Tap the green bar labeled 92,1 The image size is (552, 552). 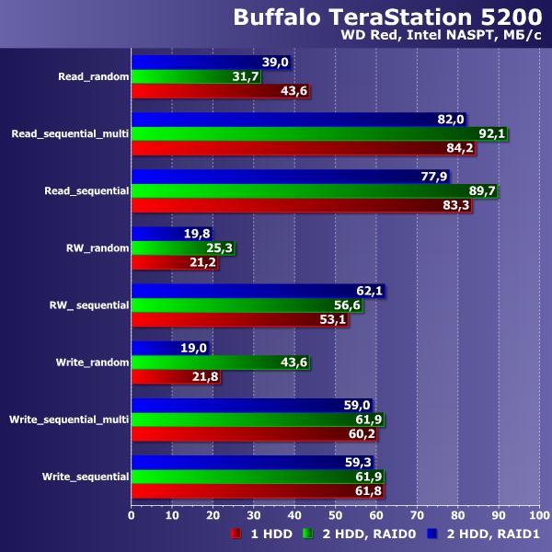[317, 134]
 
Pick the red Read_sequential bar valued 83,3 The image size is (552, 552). [299, 206]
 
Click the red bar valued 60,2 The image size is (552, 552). [252, 435]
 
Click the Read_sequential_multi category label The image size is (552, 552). [69, 133]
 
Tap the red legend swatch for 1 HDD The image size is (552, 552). [236, 533]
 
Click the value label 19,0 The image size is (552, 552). [195, 349]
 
